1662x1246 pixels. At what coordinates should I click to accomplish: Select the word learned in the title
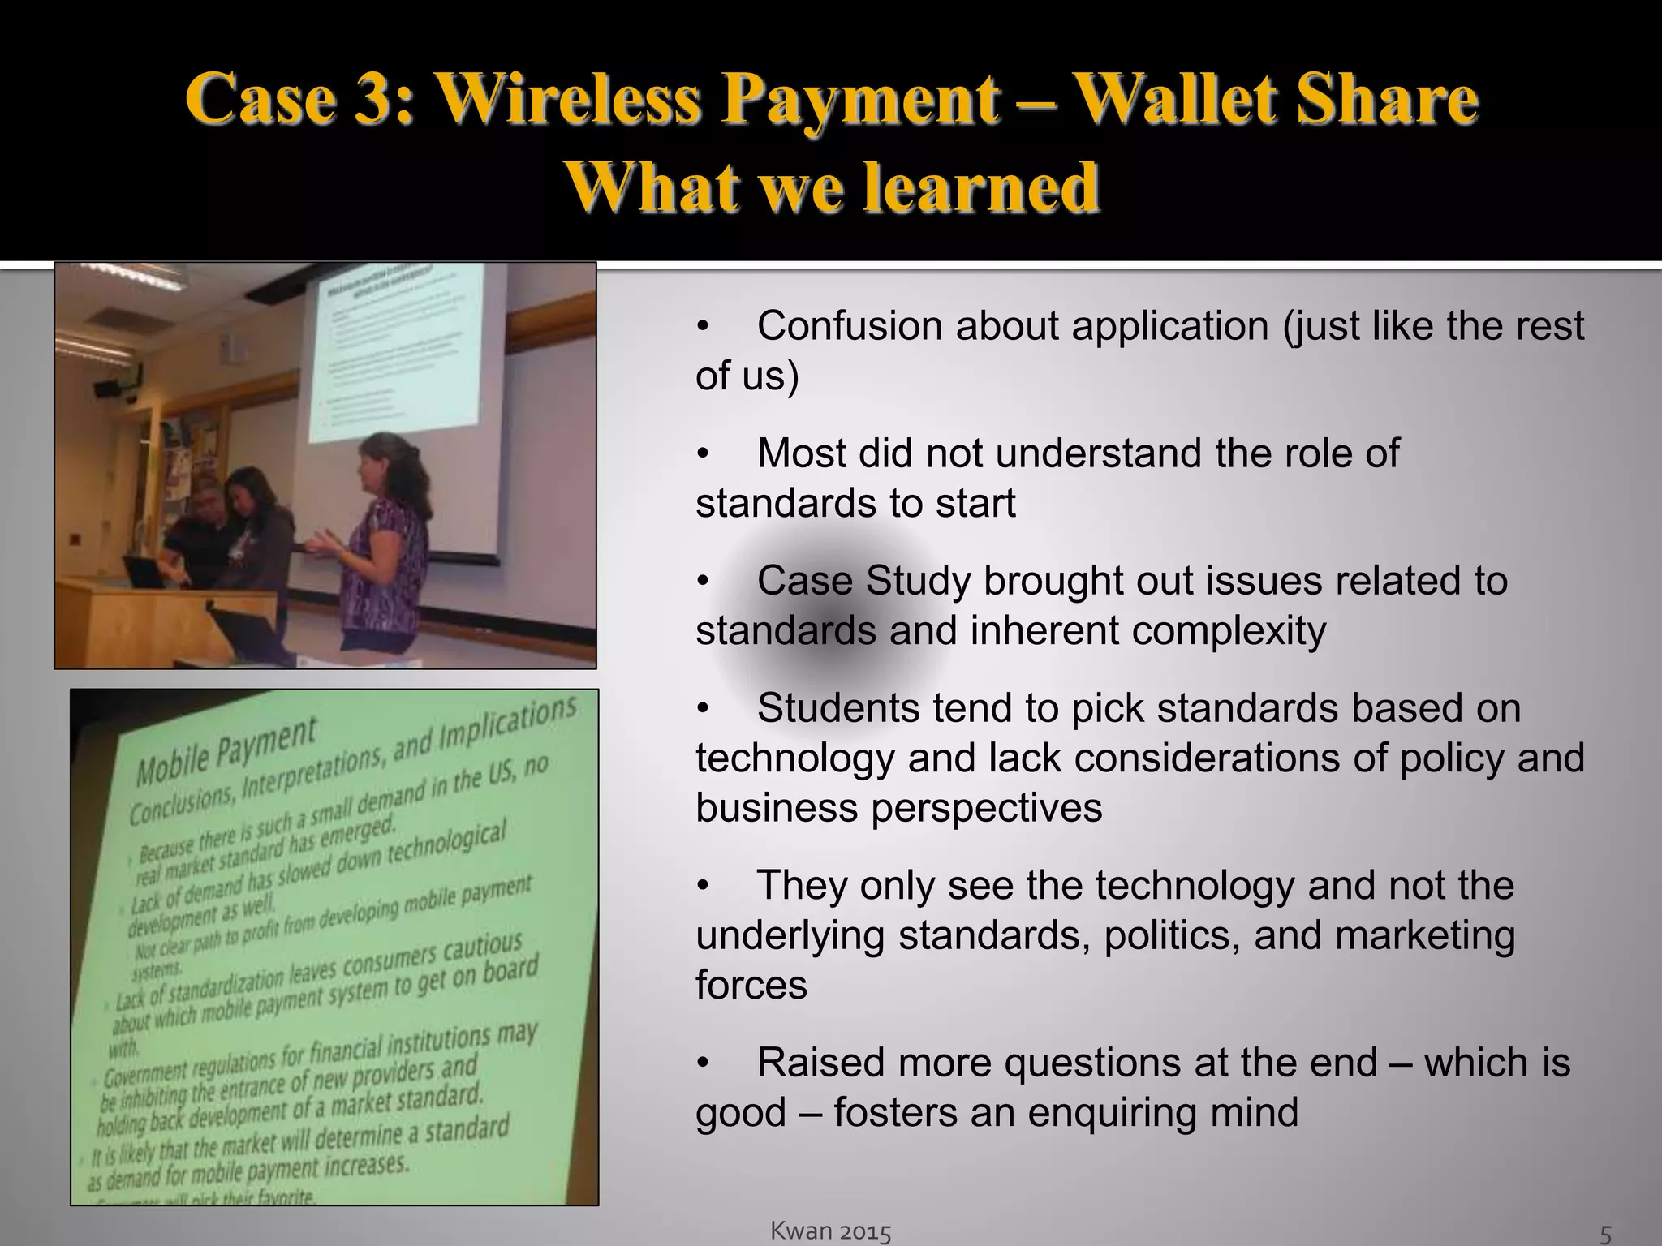pyautogui.click(x=979, y=187)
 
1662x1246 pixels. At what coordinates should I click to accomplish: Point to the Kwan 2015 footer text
pyautogui.click(x=830, y=1231)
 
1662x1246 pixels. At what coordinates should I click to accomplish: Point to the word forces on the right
pyautogui.click(x=751, y=986)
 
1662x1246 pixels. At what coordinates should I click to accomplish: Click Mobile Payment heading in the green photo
pyautogui.click(x=226, y=750)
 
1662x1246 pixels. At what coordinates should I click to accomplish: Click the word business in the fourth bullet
pyautogui.click(x=776, y=809)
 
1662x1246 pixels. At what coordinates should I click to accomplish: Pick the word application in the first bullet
pyautogui.click(x=1170, y=326)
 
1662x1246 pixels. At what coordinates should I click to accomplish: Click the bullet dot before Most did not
pyautogui.click(x=703, y=454)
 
